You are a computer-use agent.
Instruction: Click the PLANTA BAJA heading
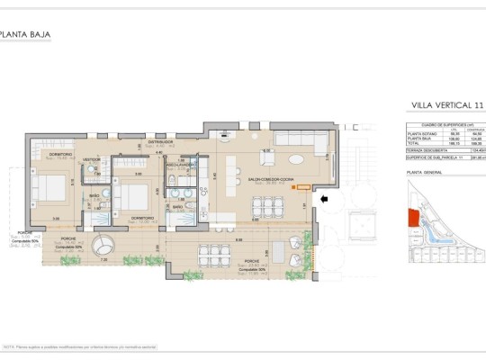coord(25,36)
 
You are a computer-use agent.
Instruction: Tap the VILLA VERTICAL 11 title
coord(445,105)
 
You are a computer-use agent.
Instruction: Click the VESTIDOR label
coord(92,159)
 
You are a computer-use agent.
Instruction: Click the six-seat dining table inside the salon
coord(266,206)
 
